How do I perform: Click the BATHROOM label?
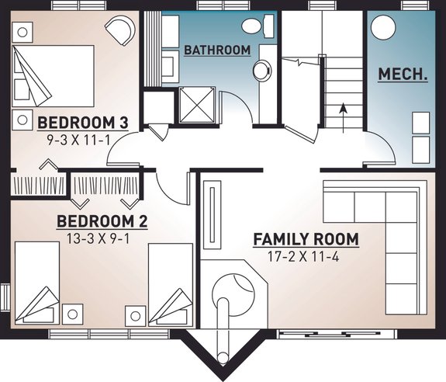pyautogui.click(x=217, y=50)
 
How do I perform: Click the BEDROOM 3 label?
pyautogui.click(x=82, y=122)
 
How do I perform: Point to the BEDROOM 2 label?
pyautogui.click(x=102, y=222)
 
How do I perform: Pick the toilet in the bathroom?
pyautogui.click(x=252, y=25)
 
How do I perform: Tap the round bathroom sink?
pyautogui.click(x=264, y=68)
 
